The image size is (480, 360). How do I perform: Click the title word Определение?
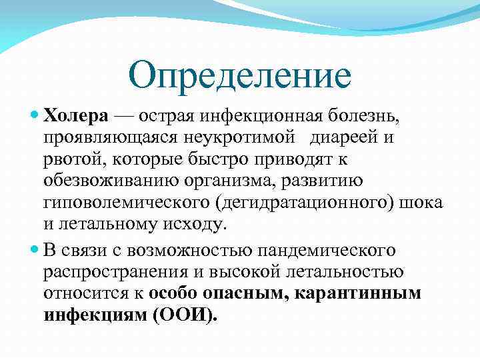click(240, 75)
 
